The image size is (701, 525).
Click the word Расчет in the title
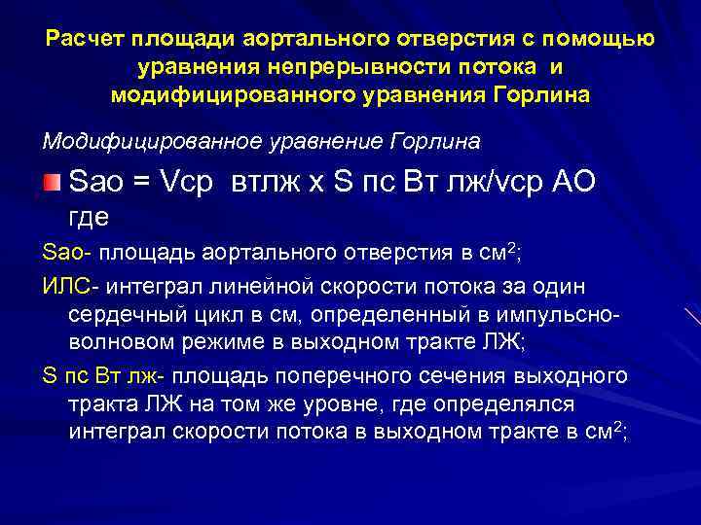click(79, 40)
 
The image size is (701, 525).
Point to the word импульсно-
click(551, 315)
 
